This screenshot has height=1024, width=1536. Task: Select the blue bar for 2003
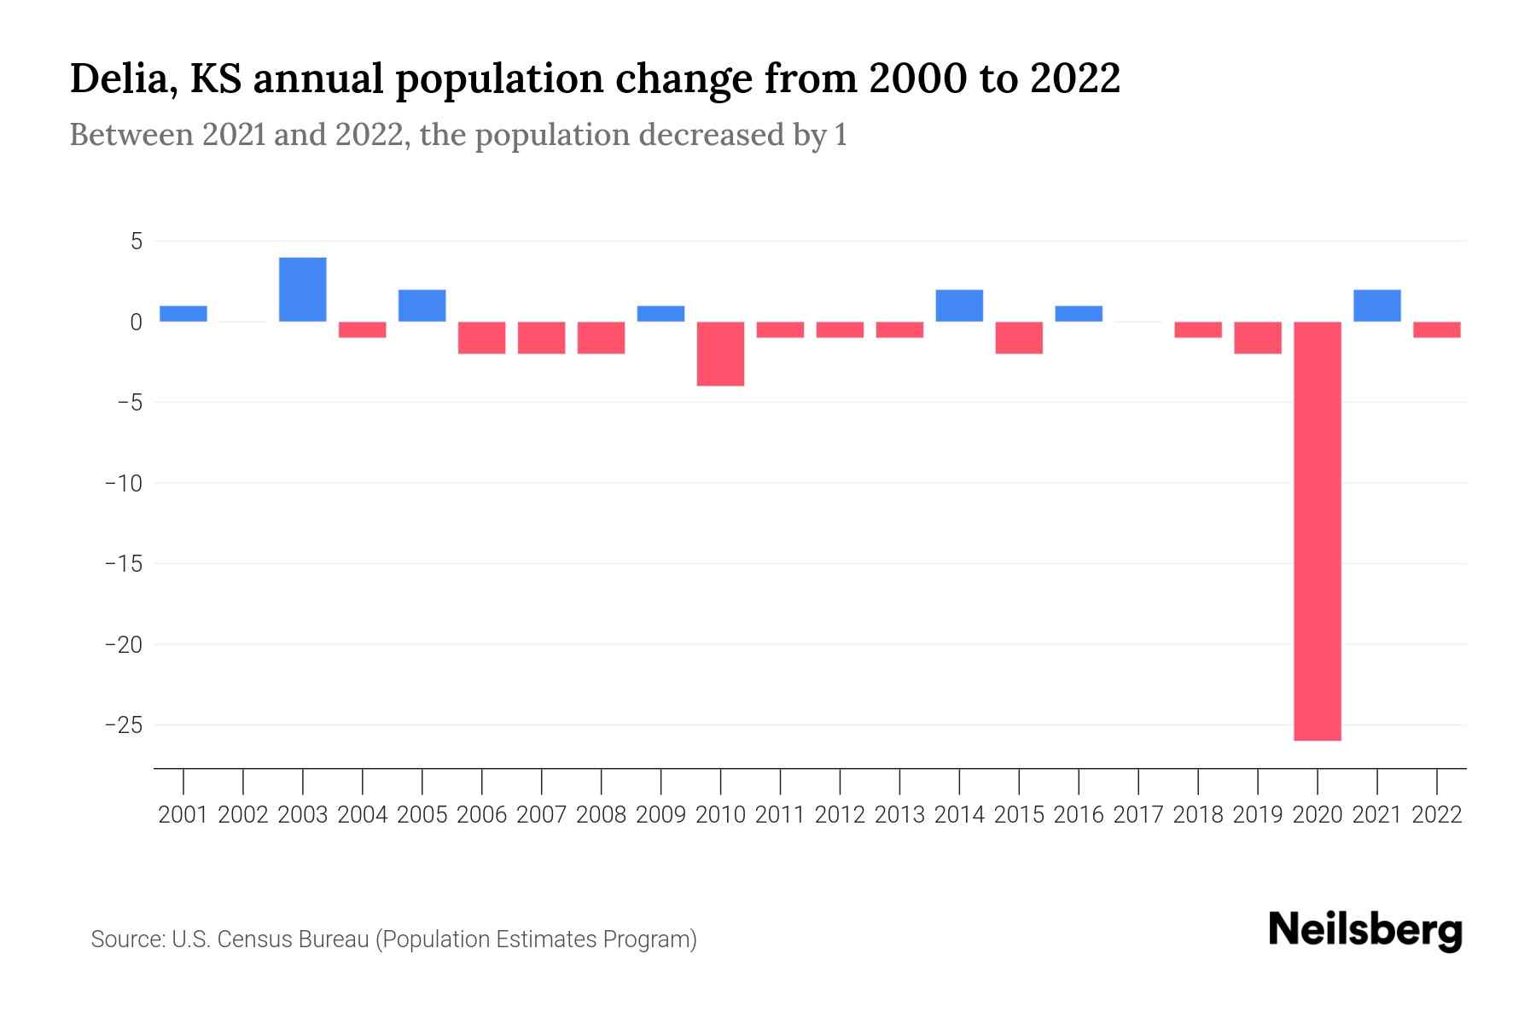click(303, 289)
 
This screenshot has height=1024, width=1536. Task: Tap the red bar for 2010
click(720, 353)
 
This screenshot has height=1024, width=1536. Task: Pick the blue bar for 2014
click(959, 305)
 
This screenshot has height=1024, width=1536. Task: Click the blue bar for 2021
click(1376, 305)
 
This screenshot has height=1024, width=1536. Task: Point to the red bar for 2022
click(1436, 329)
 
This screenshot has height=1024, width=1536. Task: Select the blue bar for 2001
click(183, 313)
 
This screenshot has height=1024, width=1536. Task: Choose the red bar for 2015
click(1019, 337)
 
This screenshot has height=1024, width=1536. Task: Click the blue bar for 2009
click(660, 313)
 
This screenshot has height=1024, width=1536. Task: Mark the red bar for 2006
click(482, 337)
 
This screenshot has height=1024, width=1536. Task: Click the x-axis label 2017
click(1138, 815)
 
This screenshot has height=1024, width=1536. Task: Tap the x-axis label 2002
click(243, 815)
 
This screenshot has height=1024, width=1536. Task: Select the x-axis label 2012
click(840, 815)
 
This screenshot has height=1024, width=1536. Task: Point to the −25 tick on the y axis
click(123, 725)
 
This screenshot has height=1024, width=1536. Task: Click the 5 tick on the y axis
click(136, 241)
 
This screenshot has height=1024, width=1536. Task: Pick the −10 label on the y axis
click(123, 484)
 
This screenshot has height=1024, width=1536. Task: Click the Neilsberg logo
click(1365, 930)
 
